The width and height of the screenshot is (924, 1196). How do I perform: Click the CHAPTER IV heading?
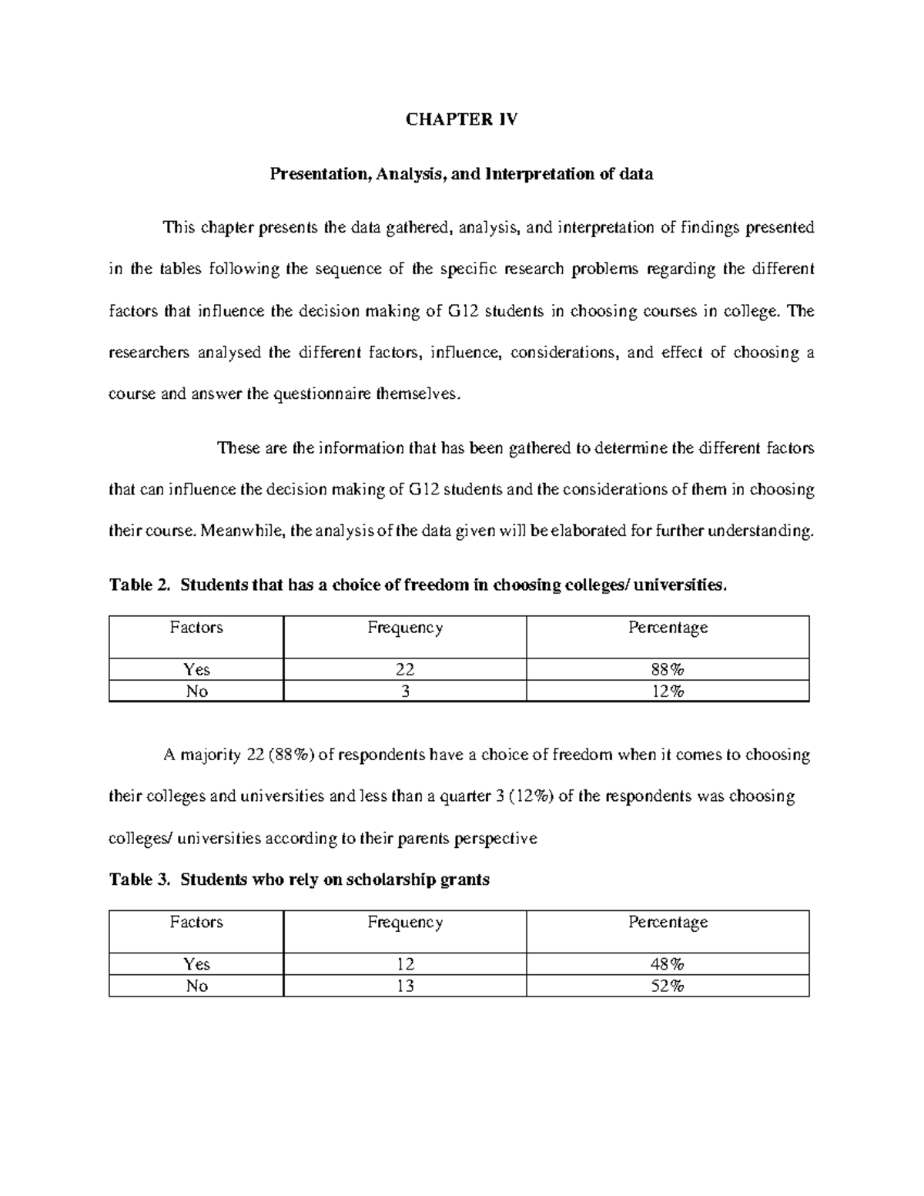461,119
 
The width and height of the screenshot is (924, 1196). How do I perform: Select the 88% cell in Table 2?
668,669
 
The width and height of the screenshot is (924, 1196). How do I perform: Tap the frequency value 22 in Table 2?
404,669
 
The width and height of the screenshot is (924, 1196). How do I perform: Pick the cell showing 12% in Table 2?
668,692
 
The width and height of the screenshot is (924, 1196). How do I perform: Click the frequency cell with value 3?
404,692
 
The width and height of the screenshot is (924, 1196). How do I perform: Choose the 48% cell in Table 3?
668,964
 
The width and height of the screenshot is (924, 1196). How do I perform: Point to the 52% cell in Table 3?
668,987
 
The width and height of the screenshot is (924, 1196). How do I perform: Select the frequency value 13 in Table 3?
404,987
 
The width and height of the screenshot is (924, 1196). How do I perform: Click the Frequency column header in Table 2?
404,628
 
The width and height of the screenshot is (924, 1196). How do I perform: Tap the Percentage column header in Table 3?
668,923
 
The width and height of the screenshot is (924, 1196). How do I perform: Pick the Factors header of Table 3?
196,923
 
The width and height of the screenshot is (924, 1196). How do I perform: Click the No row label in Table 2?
196,692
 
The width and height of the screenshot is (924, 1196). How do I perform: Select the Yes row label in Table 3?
196,964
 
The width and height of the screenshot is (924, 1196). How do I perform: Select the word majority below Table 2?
213,755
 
